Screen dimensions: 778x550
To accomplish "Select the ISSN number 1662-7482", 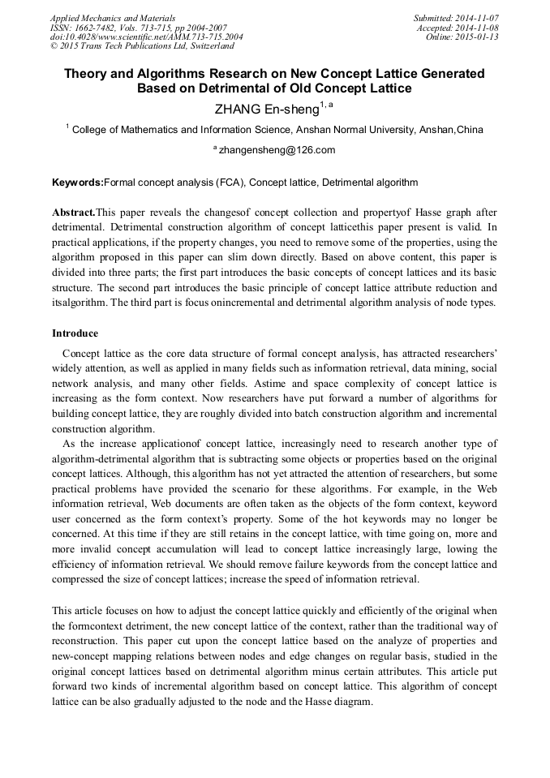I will pyautogui.click(x=100, y=28).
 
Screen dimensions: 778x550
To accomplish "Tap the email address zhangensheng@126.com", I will pyautogui.click(x=278, y=150).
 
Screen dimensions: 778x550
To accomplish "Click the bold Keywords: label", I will pyautogui.click(x=78, y=183).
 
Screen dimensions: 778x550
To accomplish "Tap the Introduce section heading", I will pyautogui.click(x=75, y=333).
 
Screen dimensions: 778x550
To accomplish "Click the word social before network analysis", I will pyautogui.click(x=482, y=368).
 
